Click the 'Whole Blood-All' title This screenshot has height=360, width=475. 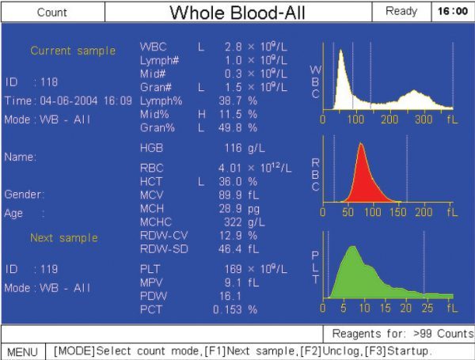237,13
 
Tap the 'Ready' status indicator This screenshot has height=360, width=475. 401,12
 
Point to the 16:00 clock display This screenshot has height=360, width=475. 453,12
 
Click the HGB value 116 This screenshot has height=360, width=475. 233,148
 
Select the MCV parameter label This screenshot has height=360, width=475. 151,195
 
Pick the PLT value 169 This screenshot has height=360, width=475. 233,269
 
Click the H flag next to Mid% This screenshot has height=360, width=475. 201,115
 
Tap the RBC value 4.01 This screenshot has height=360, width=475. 230,168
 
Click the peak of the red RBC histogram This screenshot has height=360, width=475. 361,143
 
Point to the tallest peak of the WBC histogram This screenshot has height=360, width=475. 341,50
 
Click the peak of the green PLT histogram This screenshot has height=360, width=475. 352,246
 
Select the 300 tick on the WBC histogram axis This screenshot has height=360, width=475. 424,119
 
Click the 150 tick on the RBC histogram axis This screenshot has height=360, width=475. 397,212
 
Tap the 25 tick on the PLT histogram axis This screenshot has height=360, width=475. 427,309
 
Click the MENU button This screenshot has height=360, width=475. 22,352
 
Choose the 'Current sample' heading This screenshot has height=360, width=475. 73,51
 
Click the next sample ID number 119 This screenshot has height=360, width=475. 49,269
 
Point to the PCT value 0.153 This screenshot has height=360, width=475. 227,309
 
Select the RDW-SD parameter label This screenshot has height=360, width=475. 164,249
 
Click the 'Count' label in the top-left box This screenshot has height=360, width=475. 51,13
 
